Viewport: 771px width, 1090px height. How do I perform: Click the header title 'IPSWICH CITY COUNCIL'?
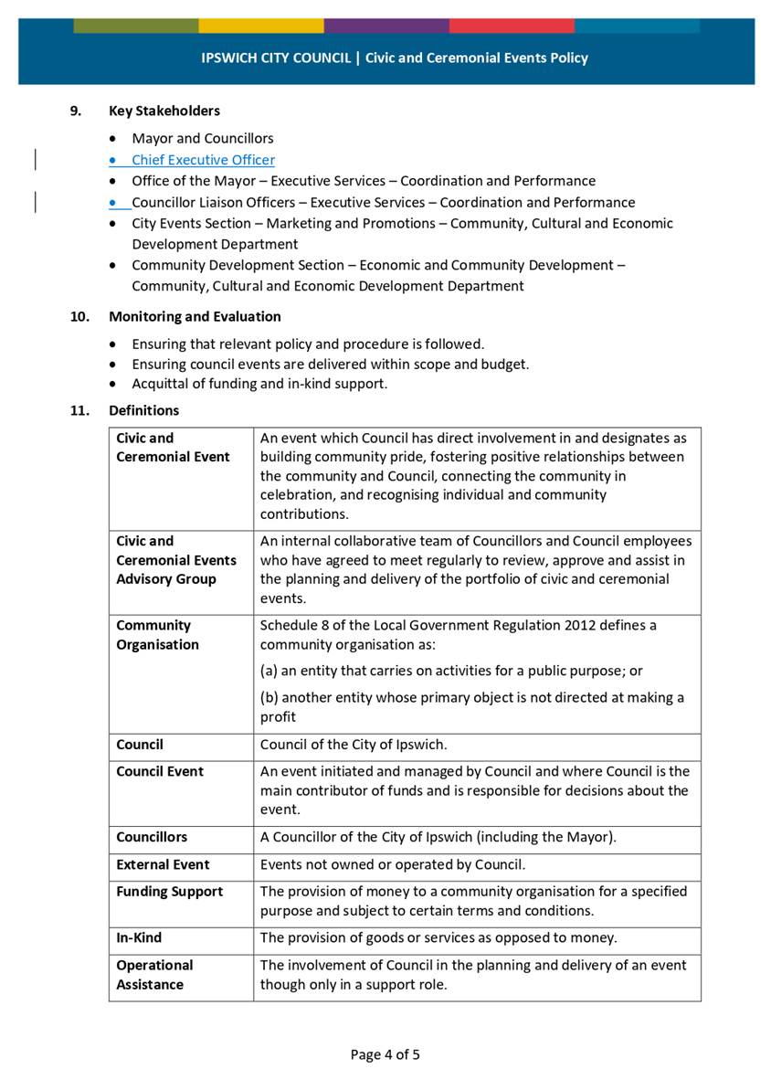[276, 58]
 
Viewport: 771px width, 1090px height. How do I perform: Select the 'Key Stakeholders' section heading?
[164, 111]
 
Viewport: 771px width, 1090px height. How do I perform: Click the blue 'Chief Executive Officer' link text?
[203, 160]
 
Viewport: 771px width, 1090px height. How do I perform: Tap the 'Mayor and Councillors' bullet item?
[202, 139]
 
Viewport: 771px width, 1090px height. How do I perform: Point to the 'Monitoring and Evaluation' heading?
[195, 316]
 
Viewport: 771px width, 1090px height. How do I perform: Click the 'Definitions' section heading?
[143, 410]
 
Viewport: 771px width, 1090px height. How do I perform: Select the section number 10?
[79, 316]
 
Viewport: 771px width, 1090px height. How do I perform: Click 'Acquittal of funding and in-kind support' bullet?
[259, 384]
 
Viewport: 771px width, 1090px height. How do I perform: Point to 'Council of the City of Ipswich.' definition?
[353, 745]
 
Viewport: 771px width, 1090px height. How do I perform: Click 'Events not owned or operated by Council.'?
[393, 864]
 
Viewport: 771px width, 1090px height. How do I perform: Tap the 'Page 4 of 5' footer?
[385, 1054]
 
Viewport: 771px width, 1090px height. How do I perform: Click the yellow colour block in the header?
[261, 26]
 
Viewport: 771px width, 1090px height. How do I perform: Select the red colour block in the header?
[512, 26]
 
